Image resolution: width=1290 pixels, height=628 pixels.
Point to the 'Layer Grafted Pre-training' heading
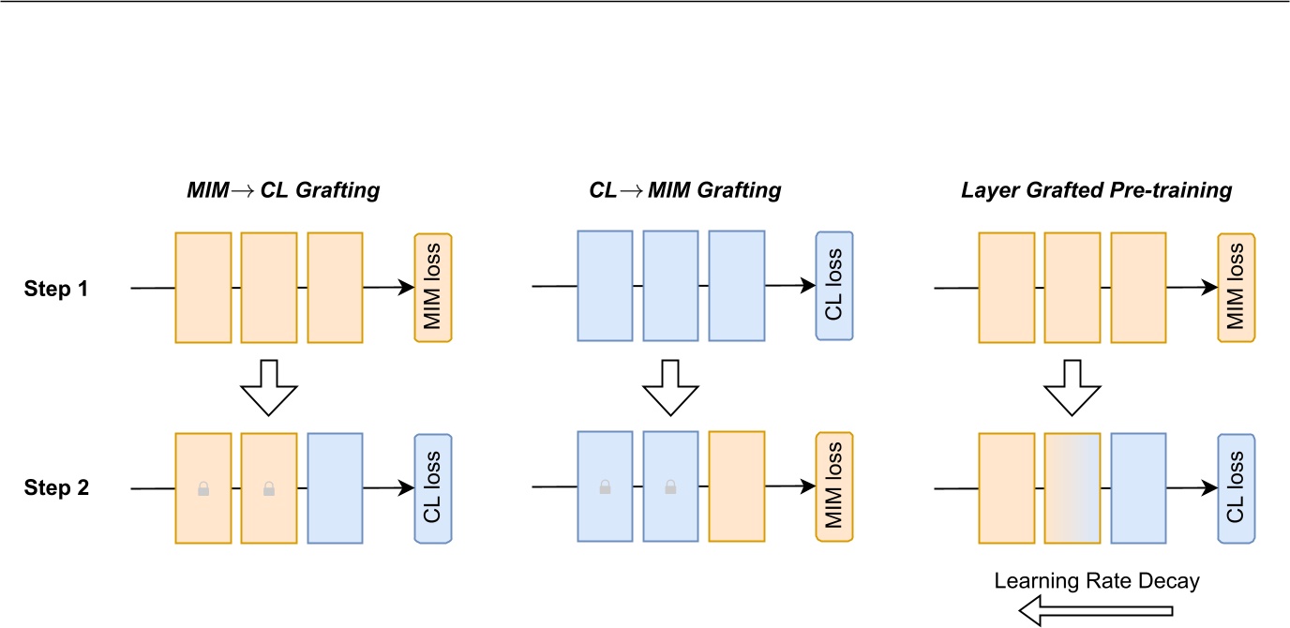click(1096, 191)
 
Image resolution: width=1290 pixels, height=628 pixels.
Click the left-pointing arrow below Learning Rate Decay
click(1096, 613)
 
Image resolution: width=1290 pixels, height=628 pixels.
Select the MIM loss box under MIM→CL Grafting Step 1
click(433, 287)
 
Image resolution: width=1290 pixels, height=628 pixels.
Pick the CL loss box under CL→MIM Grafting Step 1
click(834, 286)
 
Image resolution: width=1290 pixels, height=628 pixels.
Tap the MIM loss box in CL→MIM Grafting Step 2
click(834, 487)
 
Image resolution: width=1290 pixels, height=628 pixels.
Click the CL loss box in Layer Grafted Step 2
click(1236, 487)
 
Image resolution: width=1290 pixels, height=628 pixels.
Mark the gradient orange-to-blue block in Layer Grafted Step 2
click(1072, 487)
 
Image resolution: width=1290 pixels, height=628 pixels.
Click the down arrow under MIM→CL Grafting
click(269, 385)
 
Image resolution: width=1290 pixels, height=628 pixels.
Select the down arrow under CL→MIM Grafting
click(670, 385)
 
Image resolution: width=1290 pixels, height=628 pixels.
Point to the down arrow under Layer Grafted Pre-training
click(1072, 385)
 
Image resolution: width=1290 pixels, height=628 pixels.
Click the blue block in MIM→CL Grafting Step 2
click(335, 487)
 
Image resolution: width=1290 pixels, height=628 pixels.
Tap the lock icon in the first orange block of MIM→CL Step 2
click(203, 488)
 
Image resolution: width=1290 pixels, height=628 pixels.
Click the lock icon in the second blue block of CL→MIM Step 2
click(670, 487)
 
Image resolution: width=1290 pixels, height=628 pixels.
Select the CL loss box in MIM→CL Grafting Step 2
click(433, 487)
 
